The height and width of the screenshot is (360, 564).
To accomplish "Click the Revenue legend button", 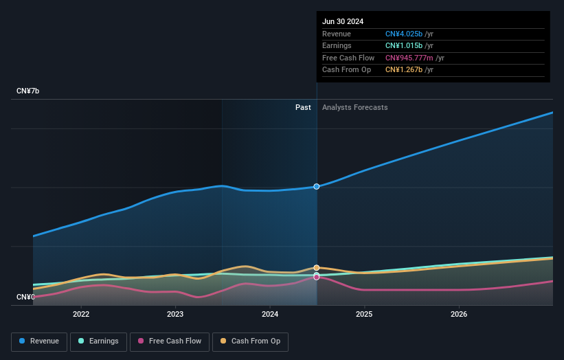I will (x=39, y=341).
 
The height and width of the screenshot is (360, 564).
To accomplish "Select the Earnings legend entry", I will (x=98, y=341).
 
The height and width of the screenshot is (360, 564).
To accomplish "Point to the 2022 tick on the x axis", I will (x=81, y=315).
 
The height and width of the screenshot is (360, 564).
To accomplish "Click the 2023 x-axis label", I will (x=175, y=315).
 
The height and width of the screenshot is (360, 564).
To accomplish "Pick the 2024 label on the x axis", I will (x=270, y=315).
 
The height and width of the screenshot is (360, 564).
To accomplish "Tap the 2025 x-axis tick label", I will (x=364, y=315).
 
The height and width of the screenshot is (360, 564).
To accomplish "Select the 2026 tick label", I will (x=459, y=315).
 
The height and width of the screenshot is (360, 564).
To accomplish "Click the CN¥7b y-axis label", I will (x=28, y=91).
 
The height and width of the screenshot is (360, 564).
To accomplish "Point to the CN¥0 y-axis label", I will (x=25, y=297).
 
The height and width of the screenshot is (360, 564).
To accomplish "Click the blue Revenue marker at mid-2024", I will (x=317, y=186).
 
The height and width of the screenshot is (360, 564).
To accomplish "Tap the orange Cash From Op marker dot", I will (x=317, y=267).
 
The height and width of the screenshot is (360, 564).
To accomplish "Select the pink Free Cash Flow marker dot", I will (x=317, y=277).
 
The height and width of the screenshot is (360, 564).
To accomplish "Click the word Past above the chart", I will (x=303, y=108).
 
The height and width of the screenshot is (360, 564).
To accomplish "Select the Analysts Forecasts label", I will (x=354, y=108).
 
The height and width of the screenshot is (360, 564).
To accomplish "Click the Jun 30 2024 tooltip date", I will (x=343, y=21).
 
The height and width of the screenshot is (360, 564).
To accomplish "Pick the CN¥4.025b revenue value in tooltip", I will (x=404, y=34).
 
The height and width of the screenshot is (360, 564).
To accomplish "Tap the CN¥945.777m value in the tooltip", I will (x=409, y=58).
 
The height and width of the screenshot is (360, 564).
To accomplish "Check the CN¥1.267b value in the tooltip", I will (x=404, y=69).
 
